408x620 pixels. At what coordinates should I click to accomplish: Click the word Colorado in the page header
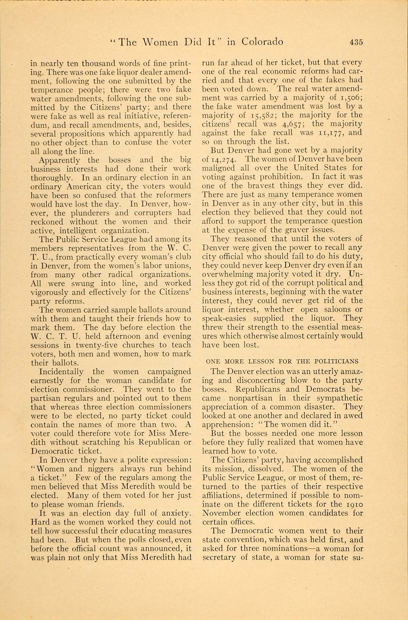(262, 42)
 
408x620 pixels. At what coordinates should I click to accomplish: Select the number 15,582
(261, 115)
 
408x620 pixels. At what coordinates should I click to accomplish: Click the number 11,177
(331, 133)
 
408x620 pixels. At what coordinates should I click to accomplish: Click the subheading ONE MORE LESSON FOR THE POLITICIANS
(282, 361)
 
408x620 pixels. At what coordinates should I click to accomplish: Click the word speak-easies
(224, 318)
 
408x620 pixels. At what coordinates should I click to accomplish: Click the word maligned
(219, 168)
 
